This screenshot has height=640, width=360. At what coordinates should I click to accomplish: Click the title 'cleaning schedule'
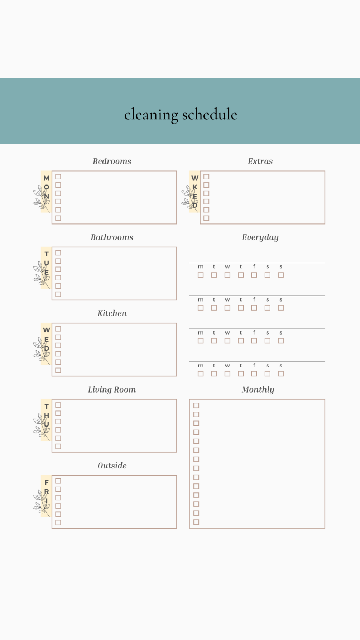pos(181,115)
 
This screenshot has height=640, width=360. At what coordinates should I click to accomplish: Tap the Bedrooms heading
pos(112,161)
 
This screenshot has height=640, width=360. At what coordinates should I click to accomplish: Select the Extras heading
pos(260,161)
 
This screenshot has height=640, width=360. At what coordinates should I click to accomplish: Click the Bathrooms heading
pos(112,237)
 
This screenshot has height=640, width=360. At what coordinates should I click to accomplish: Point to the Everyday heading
pos(260,237)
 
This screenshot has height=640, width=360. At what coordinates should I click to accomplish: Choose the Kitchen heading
pos(112,313)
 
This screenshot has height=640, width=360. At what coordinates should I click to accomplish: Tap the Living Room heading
pos(112,389)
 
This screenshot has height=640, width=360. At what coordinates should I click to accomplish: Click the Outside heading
pos(112,466)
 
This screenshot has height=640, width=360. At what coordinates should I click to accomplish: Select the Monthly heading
pos(258,389)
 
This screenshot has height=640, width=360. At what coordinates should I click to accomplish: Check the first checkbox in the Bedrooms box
pos(58,177)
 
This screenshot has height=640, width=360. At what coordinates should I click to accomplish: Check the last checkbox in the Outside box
pos(58,523)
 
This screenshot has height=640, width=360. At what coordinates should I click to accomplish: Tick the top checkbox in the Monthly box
pos(196,405)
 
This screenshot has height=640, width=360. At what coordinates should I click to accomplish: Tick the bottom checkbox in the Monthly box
pos(196,522)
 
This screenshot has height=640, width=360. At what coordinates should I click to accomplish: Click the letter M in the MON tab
pos(47,178)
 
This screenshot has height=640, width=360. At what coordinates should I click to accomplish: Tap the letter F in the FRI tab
pos(47,482)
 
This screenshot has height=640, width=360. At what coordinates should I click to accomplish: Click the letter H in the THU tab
pos(47,415)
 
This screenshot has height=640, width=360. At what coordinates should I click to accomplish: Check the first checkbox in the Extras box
pos(206,177)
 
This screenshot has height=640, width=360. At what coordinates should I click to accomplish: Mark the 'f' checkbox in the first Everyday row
pos(254,275)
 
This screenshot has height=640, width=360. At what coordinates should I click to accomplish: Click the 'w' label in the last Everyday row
pos(227,366)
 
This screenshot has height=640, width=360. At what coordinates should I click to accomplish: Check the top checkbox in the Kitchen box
pos(58,329)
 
